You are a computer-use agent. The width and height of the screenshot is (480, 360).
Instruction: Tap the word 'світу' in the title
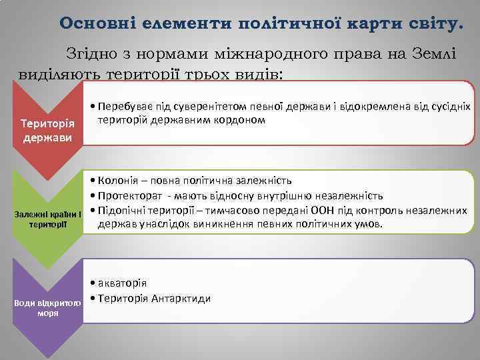pyautogui.click(x=433, y=23)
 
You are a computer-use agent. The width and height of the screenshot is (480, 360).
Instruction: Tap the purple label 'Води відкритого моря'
pyautogui.click(x=47, y=307)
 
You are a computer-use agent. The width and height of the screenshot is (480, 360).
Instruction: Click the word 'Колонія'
pyautogui.click(x=117, y=181)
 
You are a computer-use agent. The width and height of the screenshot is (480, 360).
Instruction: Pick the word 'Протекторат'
pyautogui.click(x=127, y=195)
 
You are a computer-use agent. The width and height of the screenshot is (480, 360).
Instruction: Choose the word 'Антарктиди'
pyautogui.click(x=183, y=297)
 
